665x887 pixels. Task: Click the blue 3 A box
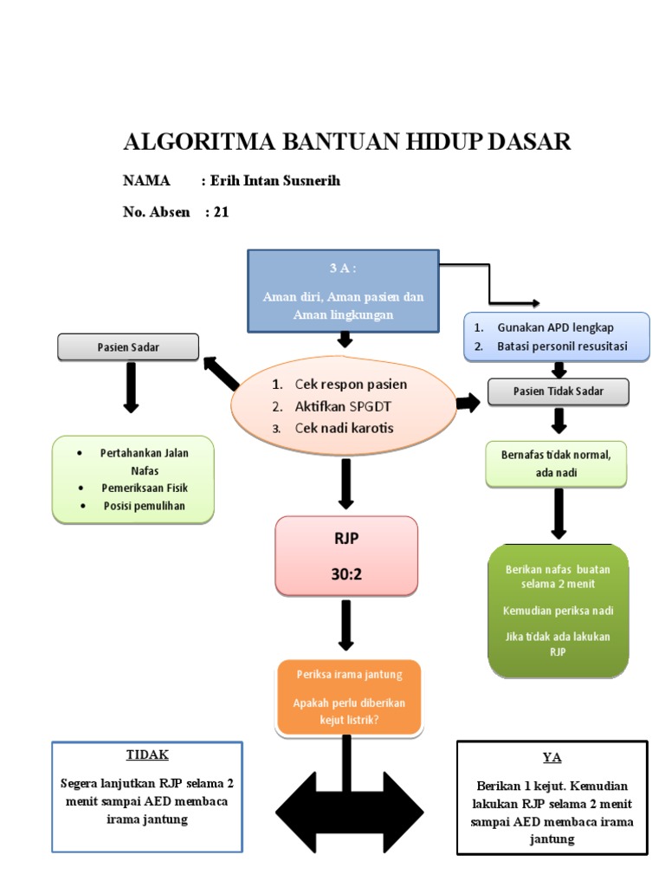pyautogui.click(x=344, y=291)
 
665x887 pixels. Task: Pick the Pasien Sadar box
pyautogui.click(x=128, y=347)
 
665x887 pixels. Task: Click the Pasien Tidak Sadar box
pyautogui.click(x=558, y=392)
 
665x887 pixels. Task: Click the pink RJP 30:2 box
pyautogui.click(x=346, y=556)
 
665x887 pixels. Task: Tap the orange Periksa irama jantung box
pyautogui.click(x=348, y=698)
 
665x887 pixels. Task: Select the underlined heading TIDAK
pyautogui.click(x=147, y=754)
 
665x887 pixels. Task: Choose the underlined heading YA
pyautogui.click(x=552, y=758)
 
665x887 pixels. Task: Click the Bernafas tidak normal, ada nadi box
pyautogui.click(x=557, y=463)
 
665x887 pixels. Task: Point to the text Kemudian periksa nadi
pyautogui.click(x=558, y=611)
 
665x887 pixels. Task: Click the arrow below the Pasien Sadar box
pyautogui.click(x=131, y=387)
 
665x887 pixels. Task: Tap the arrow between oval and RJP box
pyautogui.click(x=345, y=483)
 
